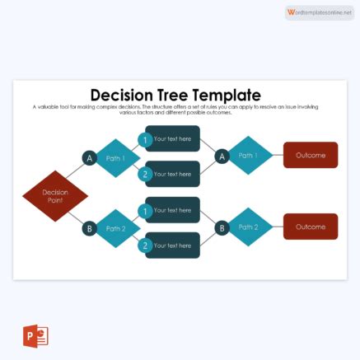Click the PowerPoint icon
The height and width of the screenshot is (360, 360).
click(x=35, y=337)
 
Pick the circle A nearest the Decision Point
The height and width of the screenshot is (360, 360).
click(x=89, y=158)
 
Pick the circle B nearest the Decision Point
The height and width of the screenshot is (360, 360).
click(x=89, y=227)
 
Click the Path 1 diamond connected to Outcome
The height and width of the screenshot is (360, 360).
click(x=249, y=156)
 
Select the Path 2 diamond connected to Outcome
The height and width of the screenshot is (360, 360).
click(x=249, y=227)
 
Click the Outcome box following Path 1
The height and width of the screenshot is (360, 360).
click(x=310, y=155)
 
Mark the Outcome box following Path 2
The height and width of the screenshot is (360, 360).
click(x=310, y=227)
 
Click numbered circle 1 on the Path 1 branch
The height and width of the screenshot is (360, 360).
click(x=145, y=140)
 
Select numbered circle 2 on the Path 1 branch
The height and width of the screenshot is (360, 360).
click(x=145, y=174)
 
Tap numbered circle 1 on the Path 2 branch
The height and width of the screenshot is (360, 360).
click(x=145, y=211)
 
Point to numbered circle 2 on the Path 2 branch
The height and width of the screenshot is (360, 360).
click(x=145, y=245)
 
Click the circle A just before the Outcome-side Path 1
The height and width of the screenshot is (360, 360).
click(x=221, y=157)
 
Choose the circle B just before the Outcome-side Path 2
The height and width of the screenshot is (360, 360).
click(x=221, y=227)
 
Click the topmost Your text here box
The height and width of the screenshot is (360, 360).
click(x=175, y=138)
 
